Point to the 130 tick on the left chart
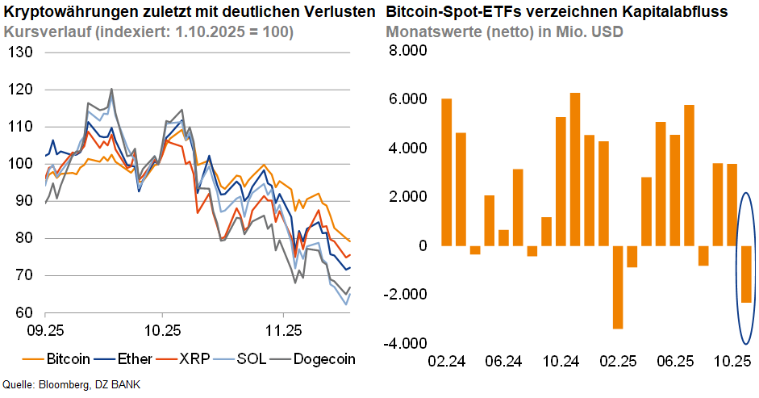(x=21, y=52)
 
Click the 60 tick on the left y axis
(x=24, y=312)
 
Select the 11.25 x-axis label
(x=282, y=330)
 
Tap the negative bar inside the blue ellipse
(x=747, y=274)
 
